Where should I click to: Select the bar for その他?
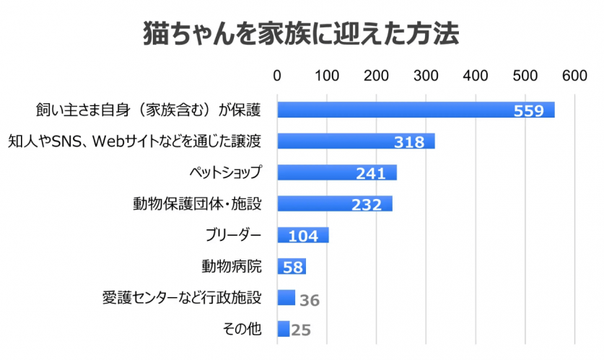pyautogui.click(x=283, y=329)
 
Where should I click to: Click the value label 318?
pyautogui.click(x=408, y=142)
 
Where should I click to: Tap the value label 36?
pyautogui.click(x=309, y=299)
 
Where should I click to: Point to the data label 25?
pyautogui.click(x=301, y=330)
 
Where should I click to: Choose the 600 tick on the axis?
pyautogui.click(x=575, y=75)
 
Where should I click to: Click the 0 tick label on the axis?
pyautogui.click(x=277, y=75)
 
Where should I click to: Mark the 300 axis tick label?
pyautogui.click(x=426, y=75)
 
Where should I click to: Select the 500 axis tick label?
pyautogui.click(x=525, y=75)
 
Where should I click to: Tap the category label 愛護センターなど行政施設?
pyautogui.click(x=183, y=297)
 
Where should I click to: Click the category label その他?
pyautogui.click(x=242, y=329)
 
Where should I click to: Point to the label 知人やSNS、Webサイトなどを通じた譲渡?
pyautogui.click(x=134, y=141)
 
